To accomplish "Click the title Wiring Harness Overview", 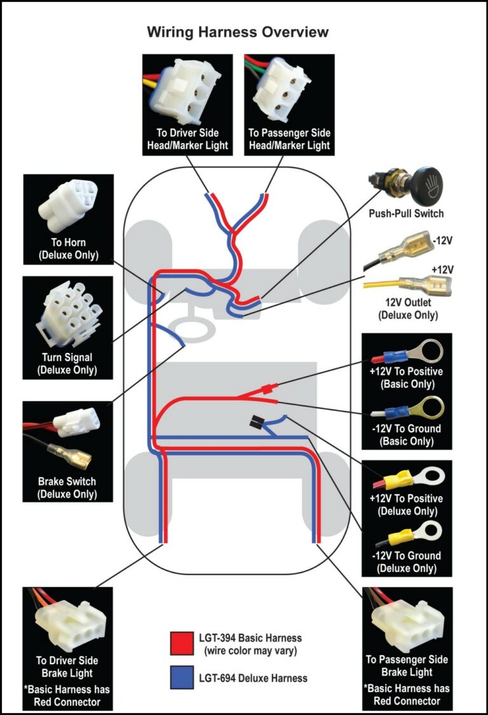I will (238, 32).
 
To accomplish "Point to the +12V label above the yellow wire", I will (442, 270).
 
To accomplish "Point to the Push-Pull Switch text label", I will (406, 213).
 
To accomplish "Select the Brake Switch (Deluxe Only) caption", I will (67, 488).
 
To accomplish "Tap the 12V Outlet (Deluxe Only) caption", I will (407, 309).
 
